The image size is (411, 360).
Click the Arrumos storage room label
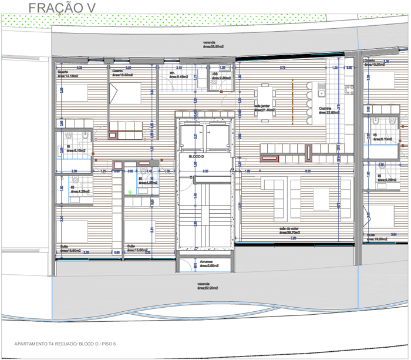(x=207, y=264)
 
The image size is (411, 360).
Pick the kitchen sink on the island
(x=321, y=90)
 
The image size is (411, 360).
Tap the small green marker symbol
(x=129, y=192)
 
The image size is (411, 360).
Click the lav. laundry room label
(x=178, y=75)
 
